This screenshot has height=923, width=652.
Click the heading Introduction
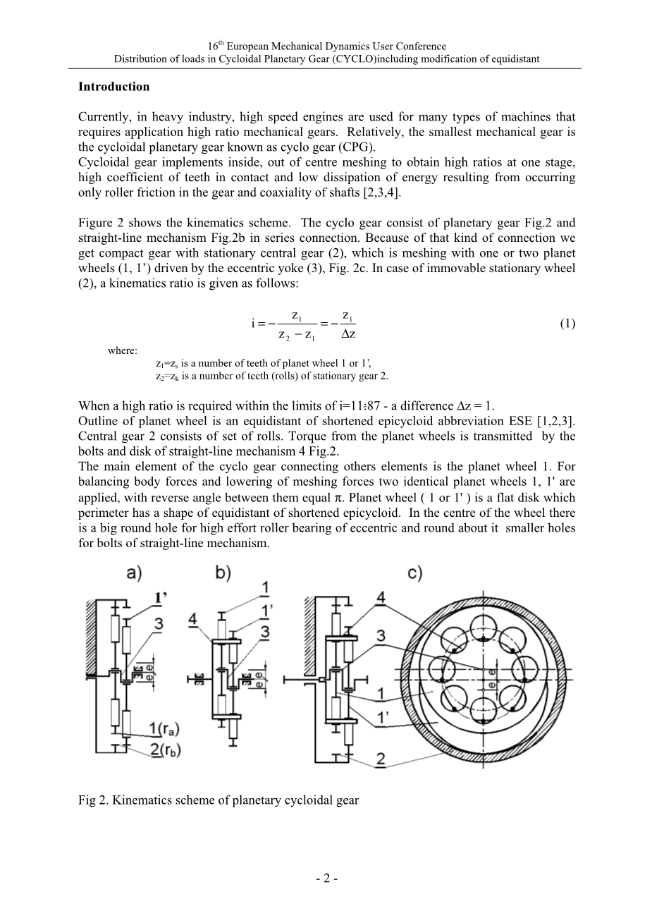tap(113, 87)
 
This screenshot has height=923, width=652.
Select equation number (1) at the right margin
tap(567, 324)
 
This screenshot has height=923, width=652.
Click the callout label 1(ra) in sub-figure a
tap(164, 727)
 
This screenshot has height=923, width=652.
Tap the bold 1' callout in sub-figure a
tap(161, 598)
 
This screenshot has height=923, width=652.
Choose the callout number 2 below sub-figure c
tap(381, 759)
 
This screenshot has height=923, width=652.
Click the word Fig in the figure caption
tap(87, 800)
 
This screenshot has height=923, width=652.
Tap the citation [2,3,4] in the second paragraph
tap(383, 192)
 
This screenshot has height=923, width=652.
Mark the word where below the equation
tap(123, 350)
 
